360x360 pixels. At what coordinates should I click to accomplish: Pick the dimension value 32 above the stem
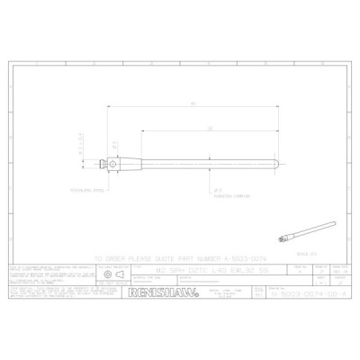209,130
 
